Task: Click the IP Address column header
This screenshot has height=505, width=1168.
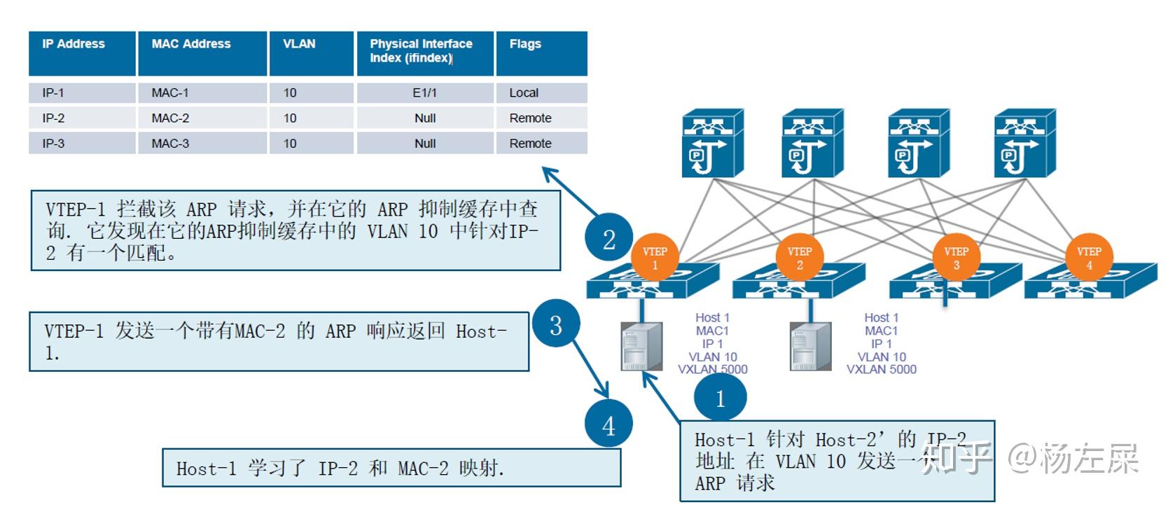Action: (81, 53)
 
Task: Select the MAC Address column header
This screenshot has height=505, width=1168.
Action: (202, 53)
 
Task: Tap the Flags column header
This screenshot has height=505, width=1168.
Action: (541, 53)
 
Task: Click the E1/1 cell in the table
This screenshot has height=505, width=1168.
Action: (425, 92)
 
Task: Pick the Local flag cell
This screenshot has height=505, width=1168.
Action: (541, 92)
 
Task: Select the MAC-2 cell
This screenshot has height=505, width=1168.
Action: (202, 118)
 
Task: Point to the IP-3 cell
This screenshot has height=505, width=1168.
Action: (81, 143)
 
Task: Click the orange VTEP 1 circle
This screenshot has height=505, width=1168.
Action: (655, 258)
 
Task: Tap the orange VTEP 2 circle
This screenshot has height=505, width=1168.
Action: (800, 258)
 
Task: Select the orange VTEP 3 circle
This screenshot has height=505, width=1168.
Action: (956, 258)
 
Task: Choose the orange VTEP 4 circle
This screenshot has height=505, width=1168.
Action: (1089, 258)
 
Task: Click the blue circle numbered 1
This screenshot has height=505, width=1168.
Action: (720, 398)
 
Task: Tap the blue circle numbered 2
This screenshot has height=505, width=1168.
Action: (609, 239)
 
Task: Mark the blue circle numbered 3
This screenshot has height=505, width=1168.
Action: (556, 324)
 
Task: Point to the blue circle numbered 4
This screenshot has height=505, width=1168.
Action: (609, 424)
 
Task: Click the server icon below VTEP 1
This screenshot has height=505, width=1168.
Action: (642, 346)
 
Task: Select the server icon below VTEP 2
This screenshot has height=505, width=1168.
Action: (810, 346)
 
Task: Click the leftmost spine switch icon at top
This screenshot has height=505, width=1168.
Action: (712, 143)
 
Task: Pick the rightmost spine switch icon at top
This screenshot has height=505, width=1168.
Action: (1024, 143)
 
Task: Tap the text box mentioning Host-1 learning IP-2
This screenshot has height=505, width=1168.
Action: (391, 468)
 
